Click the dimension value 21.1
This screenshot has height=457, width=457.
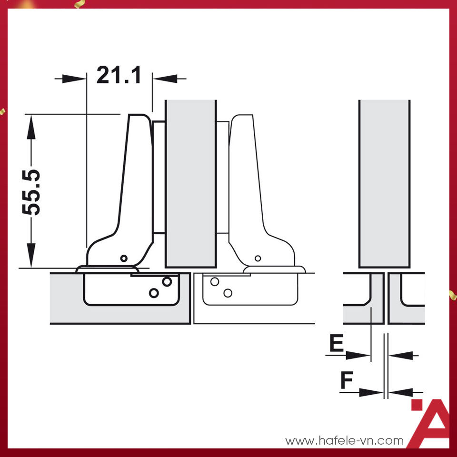[x=119, y=75]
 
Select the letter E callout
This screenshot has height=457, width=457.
[x=337, y=344]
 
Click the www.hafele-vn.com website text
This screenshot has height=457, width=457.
[x=344, y=441]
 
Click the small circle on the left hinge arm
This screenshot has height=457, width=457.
[x=124, y=258]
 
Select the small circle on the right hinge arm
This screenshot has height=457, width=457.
[x=258, y=258]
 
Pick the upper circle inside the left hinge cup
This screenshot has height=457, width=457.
[x=167, y=281]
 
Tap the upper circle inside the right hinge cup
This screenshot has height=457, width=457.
[x=214, y=282]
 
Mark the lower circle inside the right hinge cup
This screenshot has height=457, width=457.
[x=228, y=292]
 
